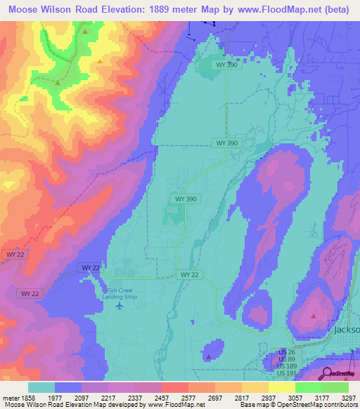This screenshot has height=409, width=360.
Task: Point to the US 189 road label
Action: (286, 365)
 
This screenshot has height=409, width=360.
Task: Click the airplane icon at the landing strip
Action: (119, 306)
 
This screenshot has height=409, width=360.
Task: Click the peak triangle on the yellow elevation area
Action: (100, 61)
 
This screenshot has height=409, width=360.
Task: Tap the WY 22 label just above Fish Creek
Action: (90, 268)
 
